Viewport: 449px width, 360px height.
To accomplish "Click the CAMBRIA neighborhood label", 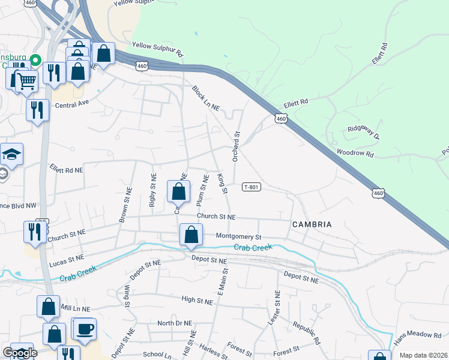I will pyautogui.click(x=312, y=224).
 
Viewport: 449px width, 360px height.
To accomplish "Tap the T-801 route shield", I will pyautogui.click(x=251, y=187).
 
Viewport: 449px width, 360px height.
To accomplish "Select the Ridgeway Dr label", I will pyautogui.click(x=364, y=133).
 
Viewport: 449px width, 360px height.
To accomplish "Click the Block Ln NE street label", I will pyautogui.click(x=206, y=98).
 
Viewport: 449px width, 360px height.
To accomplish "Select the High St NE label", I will pyautogui.click(x=197, y=298).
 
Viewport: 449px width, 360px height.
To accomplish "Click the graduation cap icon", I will pyautogui.click(x=11, y=154).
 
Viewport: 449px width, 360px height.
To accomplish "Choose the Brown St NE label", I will pyautogui.click(x=125, y=205).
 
